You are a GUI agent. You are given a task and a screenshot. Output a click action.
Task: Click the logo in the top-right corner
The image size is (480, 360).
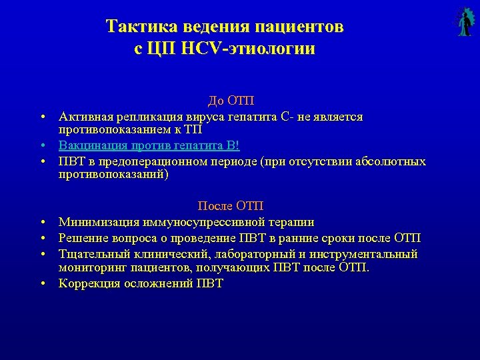coord(463,21)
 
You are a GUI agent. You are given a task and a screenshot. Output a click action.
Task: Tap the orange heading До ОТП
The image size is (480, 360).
coord(231,101)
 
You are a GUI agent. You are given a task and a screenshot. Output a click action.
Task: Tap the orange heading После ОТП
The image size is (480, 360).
coord(231,206)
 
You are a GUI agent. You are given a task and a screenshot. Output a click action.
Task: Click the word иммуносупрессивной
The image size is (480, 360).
coord(201,222)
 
